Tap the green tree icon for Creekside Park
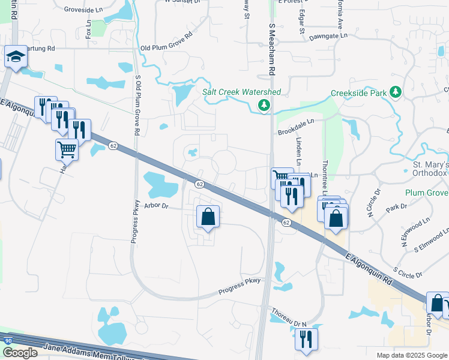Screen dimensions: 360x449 pyautogui.click(x=395, y=92)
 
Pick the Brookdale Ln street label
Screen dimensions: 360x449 pyautogui.click(x=295, y=128)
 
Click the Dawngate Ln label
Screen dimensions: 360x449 pyautogui.click(x=328, y=36)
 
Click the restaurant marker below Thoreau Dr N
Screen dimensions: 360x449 pyautogui.click(x=307, y=338)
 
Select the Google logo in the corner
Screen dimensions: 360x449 pyautogui.click(x=20, y=353)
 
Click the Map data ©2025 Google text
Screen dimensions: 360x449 pyautogui.click(x=411, y=355)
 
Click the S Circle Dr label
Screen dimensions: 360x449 pyautogui.click(x=408, y=274)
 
